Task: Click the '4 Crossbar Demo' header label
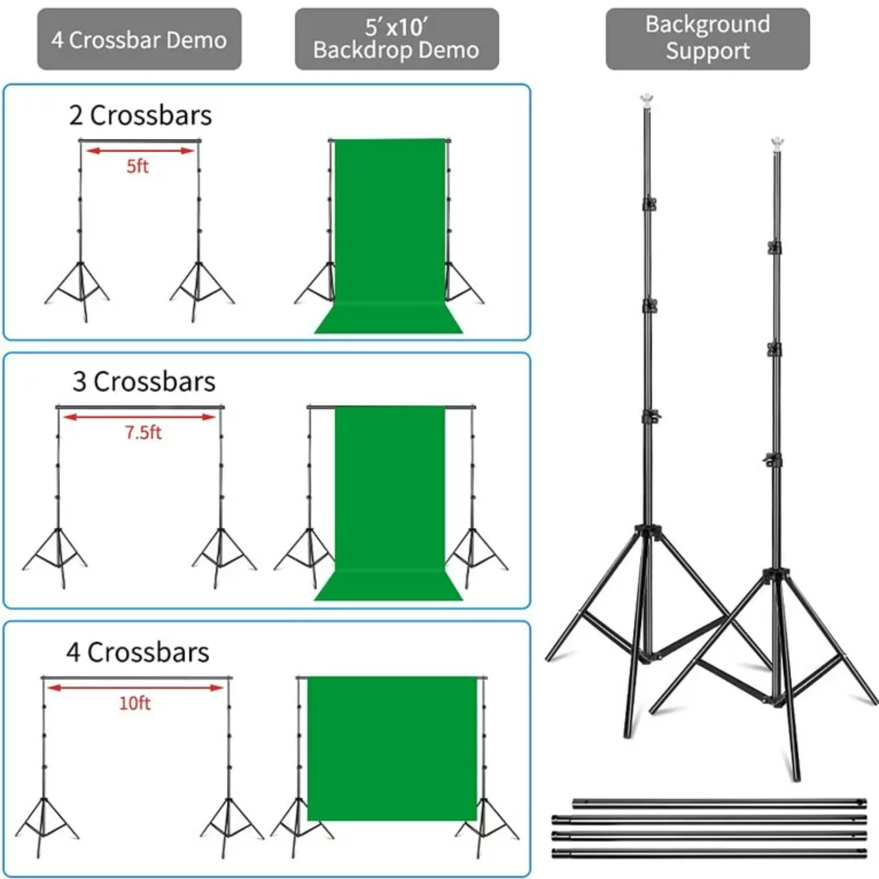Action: point(139,40)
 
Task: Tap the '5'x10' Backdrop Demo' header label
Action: point(396,38)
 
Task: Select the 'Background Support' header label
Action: point(708,38)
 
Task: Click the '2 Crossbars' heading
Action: point(140,115)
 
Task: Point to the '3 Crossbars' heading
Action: point(144,381)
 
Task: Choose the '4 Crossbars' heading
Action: point(138,652)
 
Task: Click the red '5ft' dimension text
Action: point(137,166)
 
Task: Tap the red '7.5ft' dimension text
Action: point(143,432)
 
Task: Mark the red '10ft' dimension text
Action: point(135,703)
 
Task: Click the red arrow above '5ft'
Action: point(140,151)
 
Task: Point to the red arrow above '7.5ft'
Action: point(140,417)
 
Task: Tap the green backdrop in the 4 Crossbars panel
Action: point(392,747)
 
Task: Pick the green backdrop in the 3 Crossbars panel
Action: point(390,494)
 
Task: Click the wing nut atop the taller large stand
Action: point(647,100)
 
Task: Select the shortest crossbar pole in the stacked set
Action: point(719,804)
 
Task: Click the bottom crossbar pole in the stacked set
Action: point(709,853)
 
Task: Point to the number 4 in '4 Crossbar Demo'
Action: point(57,40)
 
